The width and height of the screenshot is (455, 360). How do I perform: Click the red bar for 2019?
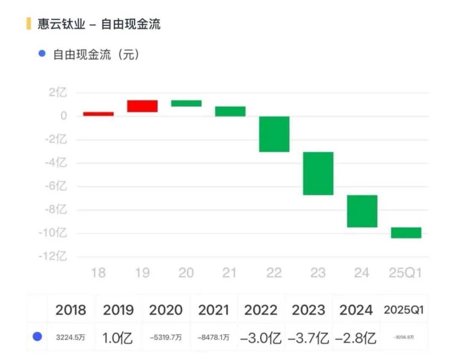coord(142,106)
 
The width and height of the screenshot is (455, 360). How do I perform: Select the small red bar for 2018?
coord(98,114)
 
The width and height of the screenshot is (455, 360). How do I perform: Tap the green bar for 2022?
coord(274,134)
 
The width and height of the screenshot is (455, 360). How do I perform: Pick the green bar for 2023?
coord(318,173)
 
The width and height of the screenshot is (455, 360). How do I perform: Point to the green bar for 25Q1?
coord(406,233)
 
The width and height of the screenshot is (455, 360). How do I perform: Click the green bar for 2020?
coord(186,103)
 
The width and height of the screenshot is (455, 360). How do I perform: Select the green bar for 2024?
coord(362,211)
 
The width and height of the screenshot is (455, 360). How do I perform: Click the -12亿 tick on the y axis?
coord(53,256)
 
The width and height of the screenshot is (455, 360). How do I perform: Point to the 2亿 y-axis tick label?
coord(58,93)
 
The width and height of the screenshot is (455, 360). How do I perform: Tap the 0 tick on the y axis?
coord(63,116)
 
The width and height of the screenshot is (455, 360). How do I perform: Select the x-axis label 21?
coord(230,273)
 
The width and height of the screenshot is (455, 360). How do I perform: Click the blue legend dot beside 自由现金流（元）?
coord(41,54)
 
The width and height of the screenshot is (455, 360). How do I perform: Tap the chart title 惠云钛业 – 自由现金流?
coord(99,24)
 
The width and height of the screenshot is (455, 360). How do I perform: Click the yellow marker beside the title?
coord(29,24)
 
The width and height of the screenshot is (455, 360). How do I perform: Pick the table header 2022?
coord(261,310)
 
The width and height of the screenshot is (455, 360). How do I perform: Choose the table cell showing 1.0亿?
coord(118,337)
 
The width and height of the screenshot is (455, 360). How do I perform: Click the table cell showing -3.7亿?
coord(308,337)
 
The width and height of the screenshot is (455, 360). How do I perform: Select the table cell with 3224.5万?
coord(70,337)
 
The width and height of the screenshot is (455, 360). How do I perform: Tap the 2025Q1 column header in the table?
coord(403,310)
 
